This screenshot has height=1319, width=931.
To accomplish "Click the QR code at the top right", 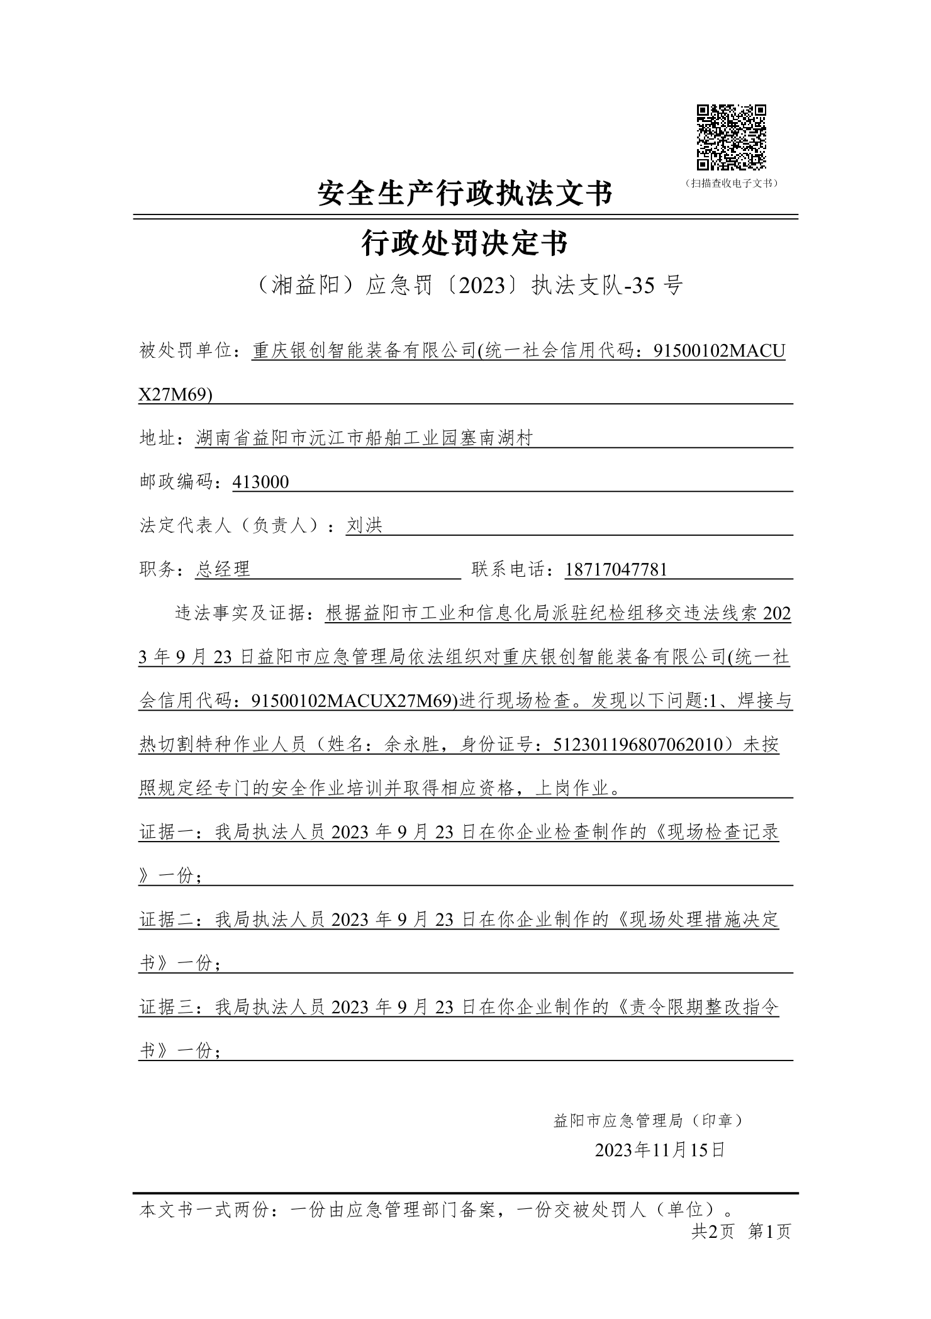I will coord(731,138).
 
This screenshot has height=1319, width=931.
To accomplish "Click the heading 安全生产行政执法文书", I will coord(465,193).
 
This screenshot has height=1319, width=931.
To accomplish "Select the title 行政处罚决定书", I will coord(465,243).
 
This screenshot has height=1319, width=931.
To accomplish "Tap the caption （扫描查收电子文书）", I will coord(731,184).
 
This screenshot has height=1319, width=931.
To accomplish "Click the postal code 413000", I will coord(260,482).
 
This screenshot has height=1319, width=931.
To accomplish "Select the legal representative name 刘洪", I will coord(364,526).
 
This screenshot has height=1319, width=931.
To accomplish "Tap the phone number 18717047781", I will coord(616,570).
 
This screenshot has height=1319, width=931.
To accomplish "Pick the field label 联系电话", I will coord(509,570).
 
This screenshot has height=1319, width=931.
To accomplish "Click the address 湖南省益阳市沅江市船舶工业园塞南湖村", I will coord(364,438).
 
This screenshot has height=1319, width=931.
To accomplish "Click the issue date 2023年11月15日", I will coord(660,1150).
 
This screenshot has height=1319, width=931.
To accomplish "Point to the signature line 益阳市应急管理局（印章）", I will coord(649,1120).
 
